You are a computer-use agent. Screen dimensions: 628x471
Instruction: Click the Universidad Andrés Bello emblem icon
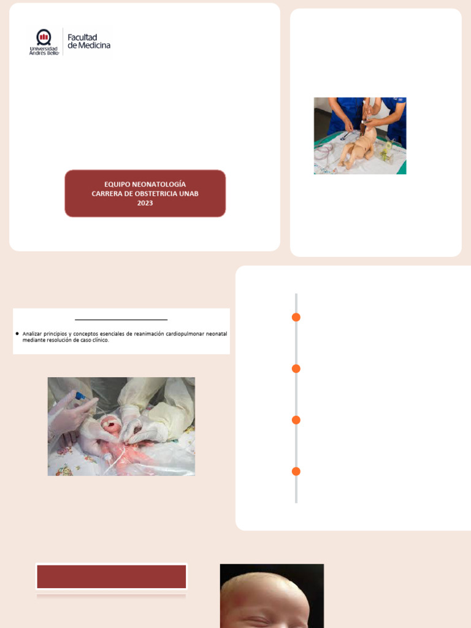(44, 37)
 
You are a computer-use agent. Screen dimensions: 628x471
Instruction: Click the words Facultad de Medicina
(89, 41)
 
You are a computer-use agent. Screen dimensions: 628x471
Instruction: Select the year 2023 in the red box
(145, 204)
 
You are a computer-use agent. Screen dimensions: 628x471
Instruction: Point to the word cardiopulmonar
(183, 334)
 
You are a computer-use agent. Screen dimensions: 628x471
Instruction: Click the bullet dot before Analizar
(17, 334)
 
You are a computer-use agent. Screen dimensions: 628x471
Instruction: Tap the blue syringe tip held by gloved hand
(78, 397)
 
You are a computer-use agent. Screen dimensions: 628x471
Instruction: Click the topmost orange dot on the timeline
(296, 317)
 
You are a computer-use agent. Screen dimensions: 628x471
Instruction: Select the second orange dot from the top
(296, 369)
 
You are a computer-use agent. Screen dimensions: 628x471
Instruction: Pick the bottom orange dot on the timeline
(296, 472)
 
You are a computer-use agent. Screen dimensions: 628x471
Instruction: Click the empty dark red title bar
(112, 577)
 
